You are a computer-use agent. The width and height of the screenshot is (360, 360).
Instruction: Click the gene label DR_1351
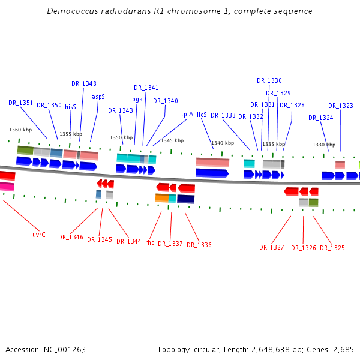coord(20,103)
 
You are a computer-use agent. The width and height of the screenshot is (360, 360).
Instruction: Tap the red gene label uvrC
coord(39,235)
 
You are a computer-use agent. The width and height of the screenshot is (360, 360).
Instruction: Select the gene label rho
coord(150,242)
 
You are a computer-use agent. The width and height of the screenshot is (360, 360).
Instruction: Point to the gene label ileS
coord(202,115)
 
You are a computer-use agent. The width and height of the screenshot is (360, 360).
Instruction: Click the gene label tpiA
coord(187,114)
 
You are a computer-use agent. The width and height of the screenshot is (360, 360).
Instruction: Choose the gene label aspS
coord(98,97)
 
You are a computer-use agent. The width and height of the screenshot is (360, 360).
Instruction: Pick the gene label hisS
coord(70,106)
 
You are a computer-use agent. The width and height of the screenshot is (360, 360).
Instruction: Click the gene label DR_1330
coord(269,80)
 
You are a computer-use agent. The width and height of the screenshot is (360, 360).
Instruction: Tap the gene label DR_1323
coord(341,106)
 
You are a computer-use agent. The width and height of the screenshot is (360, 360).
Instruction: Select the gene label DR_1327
coord(272,247)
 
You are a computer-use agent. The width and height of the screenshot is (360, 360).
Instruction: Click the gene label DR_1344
coord(128,241)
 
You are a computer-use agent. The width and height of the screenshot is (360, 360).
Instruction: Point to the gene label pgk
coord(137,99)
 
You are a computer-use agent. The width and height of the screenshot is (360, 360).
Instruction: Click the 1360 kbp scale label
coord(20,130)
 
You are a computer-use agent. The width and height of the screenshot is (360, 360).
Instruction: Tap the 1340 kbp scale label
coord(223,143)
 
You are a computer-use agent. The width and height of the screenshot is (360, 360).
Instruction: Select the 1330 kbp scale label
coord(324,145)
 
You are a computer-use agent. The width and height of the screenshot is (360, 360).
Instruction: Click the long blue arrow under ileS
coord(212,173)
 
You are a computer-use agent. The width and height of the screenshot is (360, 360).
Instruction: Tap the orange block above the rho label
coord(161,198)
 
